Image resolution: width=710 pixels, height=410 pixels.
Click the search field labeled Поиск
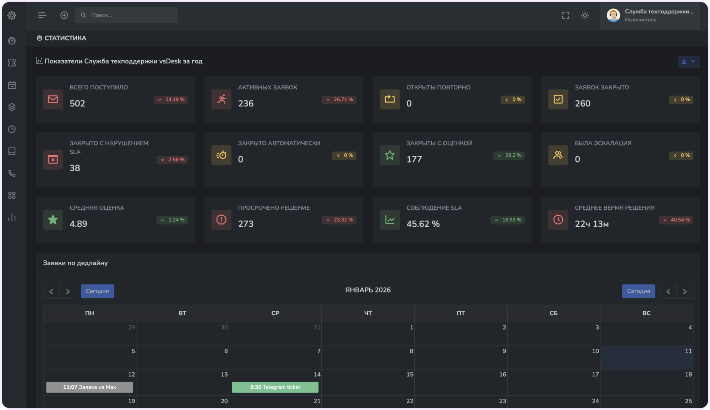(126, 15)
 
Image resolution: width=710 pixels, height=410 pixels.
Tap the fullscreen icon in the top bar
(566, 15)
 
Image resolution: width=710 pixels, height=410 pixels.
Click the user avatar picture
(613, 15)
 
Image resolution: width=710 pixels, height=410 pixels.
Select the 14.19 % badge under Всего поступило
(171, 100)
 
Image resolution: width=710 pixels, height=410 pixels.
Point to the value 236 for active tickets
(246, 104)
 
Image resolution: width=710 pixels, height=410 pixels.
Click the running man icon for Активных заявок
(221, 99)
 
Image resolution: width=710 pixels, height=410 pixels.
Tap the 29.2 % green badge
(509, 155)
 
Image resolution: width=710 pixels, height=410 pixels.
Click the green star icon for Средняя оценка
(53, 220)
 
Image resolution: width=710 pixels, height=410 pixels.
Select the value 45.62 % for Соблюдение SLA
(423, 224)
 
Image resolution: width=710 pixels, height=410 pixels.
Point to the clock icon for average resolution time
(558, 220)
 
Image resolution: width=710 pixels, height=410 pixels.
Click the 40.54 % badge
(676, 220)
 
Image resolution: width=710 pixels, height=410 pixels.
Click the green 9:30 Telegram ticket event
(275, 387)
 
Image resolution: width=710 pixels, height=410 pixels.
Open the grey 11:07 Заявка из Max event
(89, 387)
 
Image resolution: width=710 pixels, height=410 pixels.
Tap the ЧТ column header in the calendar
(368, 313)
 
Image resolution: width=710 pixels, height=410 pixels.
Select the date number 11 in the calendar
(688, 351)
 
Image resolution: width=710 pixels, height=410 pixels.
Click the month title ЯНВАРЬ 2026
(368, 290)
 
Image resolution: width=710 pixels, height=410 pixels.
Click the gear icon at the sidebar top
(12, 15)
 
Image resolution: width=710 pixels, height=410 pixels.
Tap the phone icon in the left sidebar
(12, 173)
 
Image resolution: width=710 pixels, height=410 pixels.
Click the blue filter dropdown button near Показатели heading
(688, 62)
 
